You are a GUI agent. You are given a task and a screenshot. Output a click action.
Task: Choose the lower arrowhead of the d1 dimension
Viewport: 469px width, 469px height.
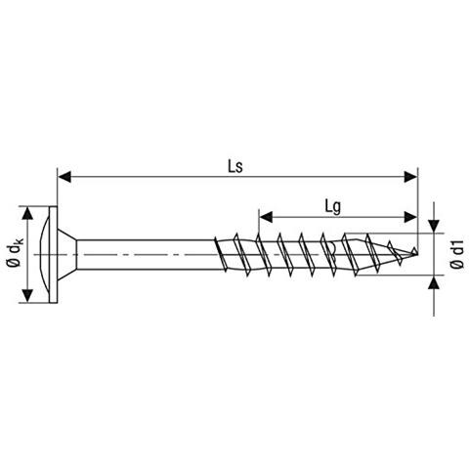[434, 282]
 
